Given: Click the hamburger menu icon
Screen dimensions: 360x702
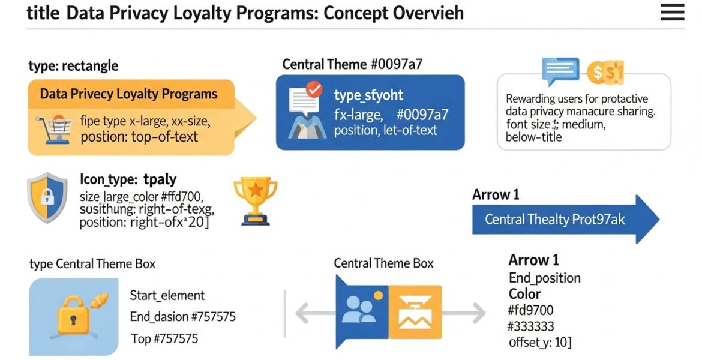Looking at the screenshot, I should click(672, 13).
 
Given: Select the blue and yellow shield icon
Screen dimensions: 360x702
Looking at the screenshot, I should click(47, 198).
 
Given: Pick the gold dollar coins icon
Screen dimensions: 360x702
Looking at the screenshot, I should click(605, 73).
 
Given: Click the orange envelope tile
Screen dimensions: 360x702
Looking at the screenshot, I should click(415, 311).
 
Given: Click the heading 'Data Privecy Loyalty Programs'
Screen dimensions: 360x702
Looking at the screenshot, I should click(128, 94).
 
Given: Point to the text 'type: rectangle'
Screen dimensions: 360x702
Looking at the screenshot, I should click(73, 65).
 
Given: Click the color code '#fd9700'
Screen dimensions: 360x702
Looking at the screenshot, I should click(530, 310).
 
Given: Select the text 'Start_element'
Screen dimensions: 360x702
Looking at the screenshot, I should click(167, 295).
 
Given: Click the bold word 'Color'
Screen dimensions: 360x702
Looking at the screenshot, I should click(524, 294).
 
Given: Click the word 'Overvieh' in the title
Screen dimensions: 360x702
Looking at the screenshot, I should click(427, 13).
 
